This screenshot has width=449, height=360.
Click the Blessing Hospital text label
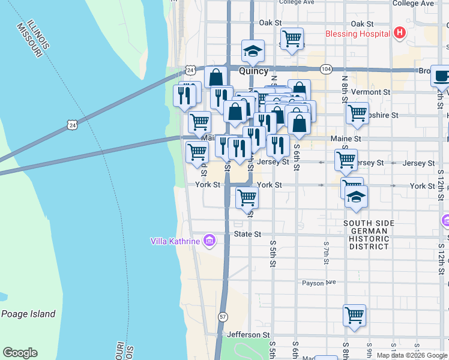[x=357, y=34]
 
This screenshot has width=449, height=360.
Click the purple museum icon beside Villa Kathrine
[x=209, y=241]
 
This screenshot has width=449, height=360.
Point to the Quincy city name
[x=253, y=71]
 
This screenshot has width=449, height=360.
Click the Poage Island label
[x=28, y=314]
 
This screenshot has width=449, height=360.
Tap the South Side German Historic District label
[x=369, y=235]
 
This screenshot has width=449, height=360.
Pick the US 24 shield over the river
[x=73, y=125]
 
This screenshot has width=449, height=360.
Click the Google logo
[x=20, y=353]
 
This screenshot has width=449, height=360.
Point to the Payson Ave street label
[x=318, y=283]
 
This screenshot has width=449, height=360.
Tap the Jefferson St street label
[x=248, y=334]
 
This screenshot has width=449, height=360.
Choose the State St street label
[x=248, y=234]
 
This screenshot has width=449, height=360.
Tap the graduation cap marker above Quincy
[x=253, y=51]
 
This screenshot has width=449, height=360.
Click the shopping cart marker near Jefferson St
[x=355, y=314]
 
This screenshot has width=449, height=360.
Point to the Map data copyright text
[x=412, y=355]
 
